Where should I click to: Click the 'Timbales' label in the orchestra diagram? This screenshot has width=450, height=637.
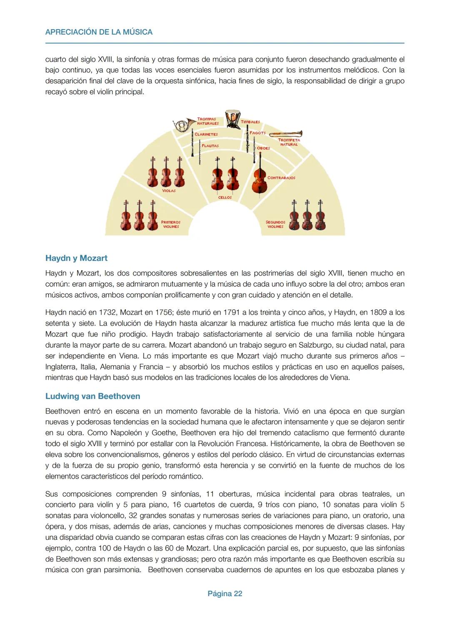coord(250,122)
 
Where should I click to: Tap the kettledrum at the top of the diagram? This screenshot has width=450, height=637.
coord(232,119)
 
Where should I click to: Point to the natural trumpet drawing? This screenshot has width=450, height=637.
coord(285,134)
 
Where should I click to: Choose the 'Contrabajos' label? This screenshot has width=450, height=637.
coord(281,178)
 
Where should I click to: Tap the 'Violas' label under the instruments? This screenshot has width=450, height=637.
coord(169,191)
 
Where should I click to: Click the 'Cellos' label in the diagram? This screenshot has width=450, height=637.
coord(225,197)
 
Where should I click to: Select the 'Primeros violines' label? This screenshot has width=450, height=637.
coord(171,224)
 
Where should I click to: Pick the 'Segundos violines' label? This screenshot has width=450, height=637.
coord(275,224)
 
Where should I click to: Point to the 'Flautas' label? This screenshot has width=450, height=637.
coord(210,146)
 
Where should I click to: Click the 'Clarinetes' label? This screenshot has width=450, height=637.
coord(206,134)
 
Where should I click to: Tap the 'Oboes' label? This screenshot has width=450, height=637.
coord(263,148)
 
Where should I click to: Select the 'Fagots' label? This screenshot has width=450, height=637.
coord(257,133)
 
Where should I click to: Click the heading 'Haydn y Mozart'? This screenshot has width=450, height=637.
coord(76,258)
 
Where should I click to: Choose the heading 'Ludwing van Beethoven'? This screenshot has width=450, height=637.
coord(92,396)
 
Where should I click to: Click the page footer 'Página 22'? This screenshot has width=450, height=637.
coord(225,594)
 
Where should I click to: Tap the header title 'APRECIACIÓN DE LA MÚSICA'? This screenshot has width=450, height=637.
coord(99,32)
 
